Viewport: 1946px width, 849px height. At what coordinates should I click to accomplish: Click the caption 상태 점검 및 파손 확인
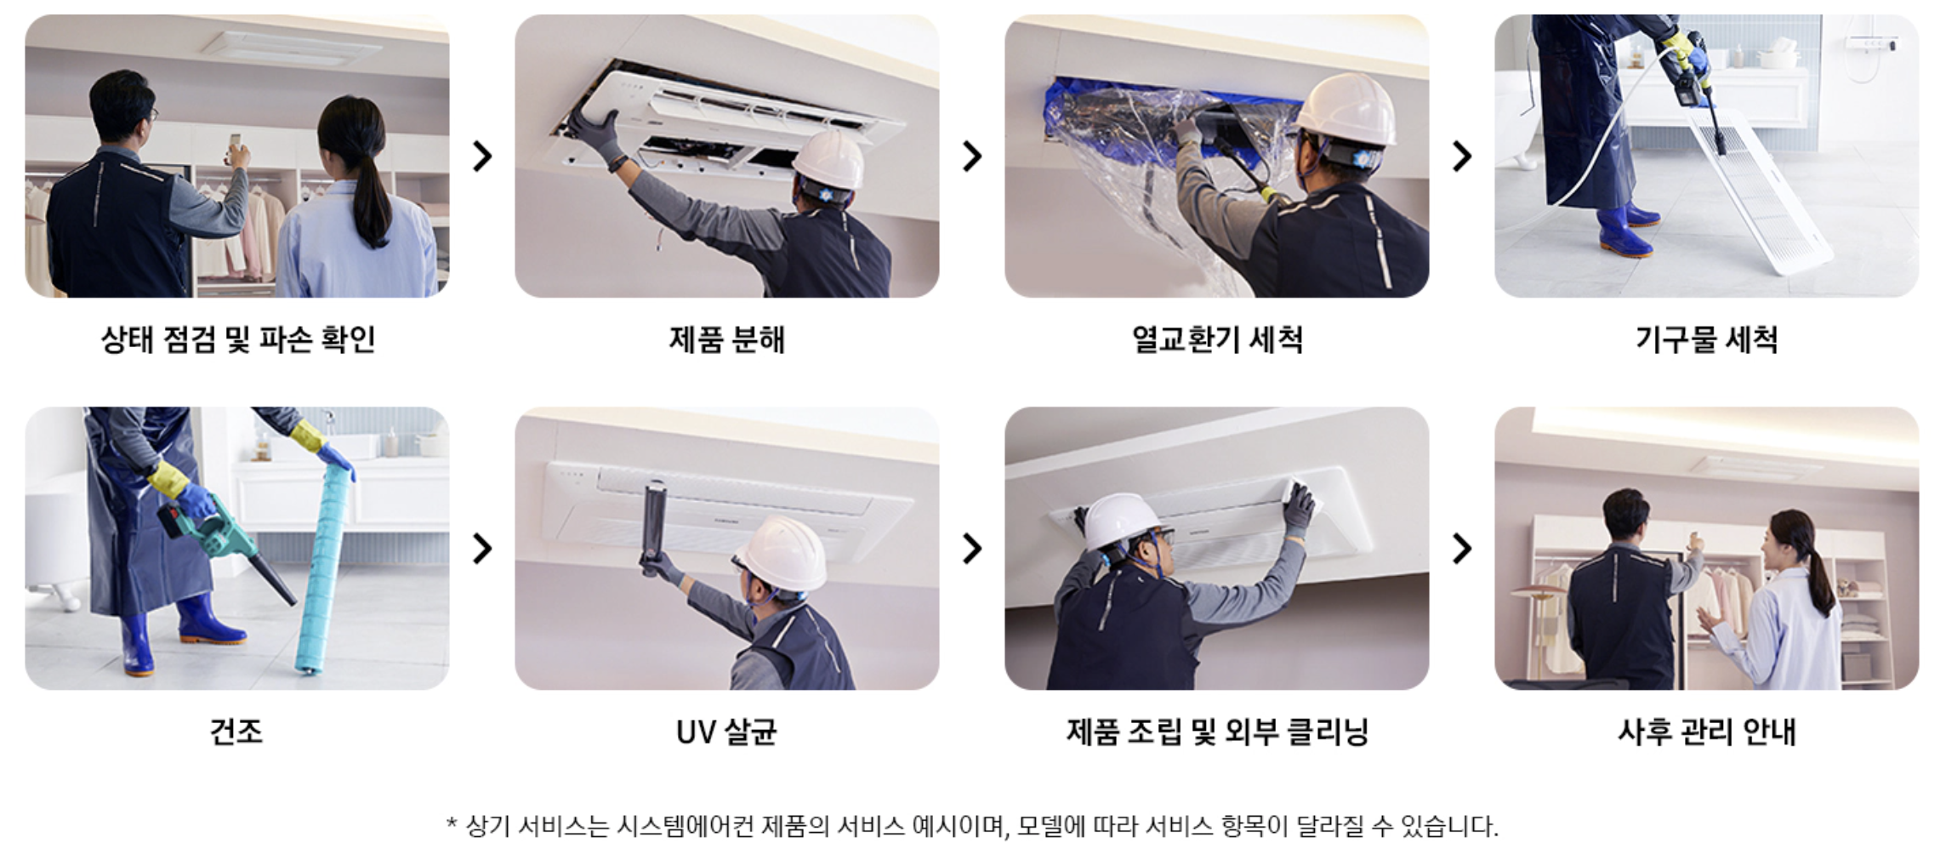pos(238,339)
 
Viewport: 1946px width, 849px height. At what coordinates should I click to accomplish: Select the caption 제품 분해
pos(726,339)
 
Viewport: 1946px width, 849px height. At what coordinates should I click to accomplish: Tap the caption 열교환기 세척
pos(1216,339)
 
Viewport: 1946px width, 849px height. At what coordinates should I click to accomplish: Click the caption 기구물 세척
pos(1706,339)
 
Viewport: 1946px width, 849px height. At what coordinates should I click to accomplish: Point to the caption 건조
pos(236,732)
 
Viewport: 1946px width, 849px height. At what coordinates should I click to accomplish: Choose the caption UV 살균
pos(726,732)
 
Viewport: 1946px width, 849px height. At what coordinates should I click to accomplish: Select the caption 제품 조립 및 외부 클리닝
pos(1216,732)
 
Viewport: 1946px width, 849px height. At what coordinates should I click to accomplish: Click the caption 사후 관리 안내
pos(1706,732)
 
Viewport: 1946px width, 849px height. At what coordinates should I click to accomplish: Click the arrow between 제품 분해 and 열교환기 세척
pos(972,156)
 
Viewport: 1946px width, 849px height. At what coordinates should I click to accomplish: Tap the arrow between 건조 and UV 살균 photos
pos(482,549)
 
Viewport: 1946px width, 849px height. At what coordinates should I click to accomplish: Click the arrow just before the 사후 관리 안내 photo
pos(1462,549)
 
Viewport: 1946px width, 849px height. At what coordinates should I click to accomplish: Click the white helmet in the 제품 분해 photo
pos(828,159)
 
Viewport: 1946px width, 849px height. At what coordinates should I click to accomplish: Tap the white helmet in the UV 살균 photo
pos(781,550)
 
